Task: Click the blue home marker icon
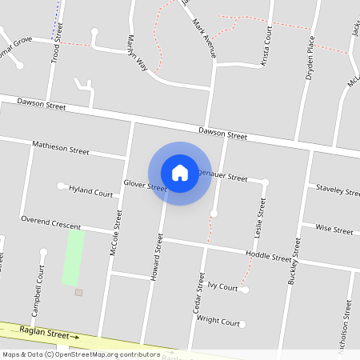click(180, 173)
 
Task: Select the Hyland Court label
click(91, 193)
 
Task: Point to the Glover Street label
click(145, 186)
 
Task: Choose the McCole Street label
click(116, 232)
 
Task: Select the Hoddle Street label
click(269, 258)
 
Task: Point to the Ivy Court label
click(222, 286)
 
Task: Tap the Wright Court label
click(218, 322)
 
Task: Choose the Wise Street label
click(334, 229)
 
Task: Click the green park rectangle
click(74, 258)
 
